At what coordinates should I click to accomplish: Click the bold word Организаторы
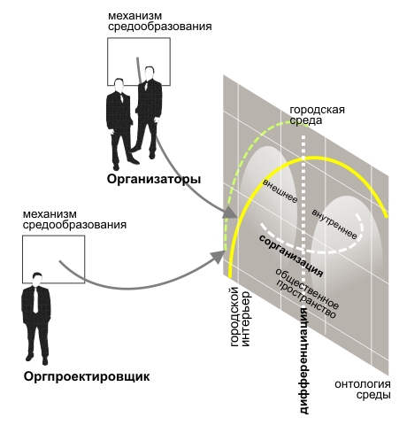[154, 180]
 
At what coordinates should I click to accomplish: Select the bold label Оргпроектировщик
[87, 377]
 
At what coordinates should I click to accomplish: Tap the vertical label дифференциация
[304, 360]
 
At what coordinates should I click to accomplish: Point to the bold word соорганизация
[291, 256]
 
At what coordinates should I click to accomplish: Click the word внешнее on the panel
[280, 191]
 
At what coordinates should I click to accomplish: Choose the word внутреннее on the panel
[334, 224]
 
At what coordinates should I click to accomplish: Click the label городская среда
[317, 115]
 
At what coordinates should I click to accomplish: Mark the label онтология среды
[363, 390]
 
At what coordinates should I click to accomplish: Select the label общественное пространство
[307, 293]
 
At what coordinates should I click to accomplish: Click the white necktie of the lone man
[35, 299]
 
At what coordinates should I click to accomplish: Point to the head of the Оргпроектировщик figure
[37, 279]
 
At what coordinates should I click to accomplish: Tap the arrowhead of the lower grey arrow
[218, 256]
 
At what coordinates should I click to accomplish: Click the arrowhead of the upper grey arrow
[229, 212]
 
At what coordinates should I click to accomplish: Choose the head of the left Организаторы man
[119, 85]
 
